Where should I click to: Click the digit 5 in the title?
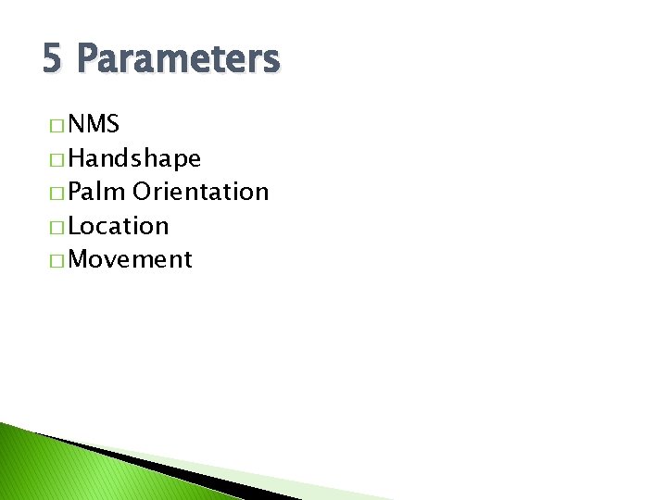click(52, 60)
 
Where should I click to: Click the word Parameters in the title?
click(177, 60)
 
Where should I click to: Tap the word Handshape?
click(134, 158)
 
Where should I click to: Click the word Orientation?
click(201, 192)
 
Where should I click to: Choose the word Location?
click(119, 226)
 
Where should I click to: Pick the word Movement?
click(130, 259)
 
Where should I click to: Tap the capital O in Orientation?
click(144, 192)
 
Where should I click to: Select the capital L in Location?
click(75, 226)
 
